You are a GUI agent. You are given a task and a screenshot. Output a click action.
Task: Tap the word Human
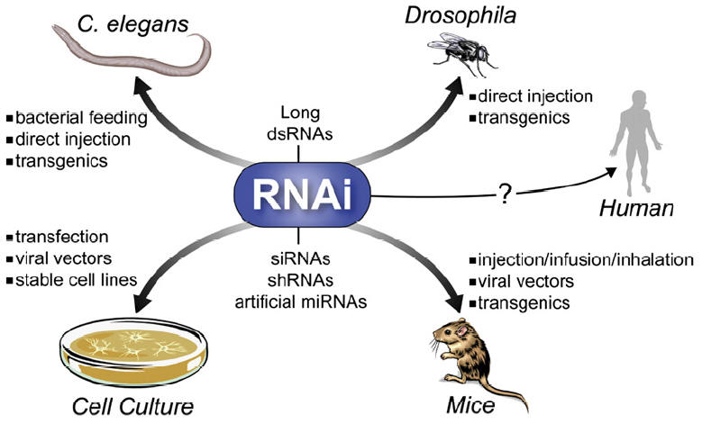(x=637, y=210)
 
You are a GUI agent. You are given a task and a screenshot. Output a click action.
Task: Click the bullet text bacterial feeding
(x=76, y=117)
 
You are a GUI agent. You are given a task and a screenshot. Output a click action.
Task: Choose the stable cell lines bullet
(x=74, y=280)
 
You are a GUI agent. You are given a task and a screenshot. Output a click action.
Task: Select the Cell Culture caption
(x=132, y=406)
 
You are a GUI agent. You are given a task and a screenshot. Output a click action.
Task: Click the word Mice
(x=470, y=406)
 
